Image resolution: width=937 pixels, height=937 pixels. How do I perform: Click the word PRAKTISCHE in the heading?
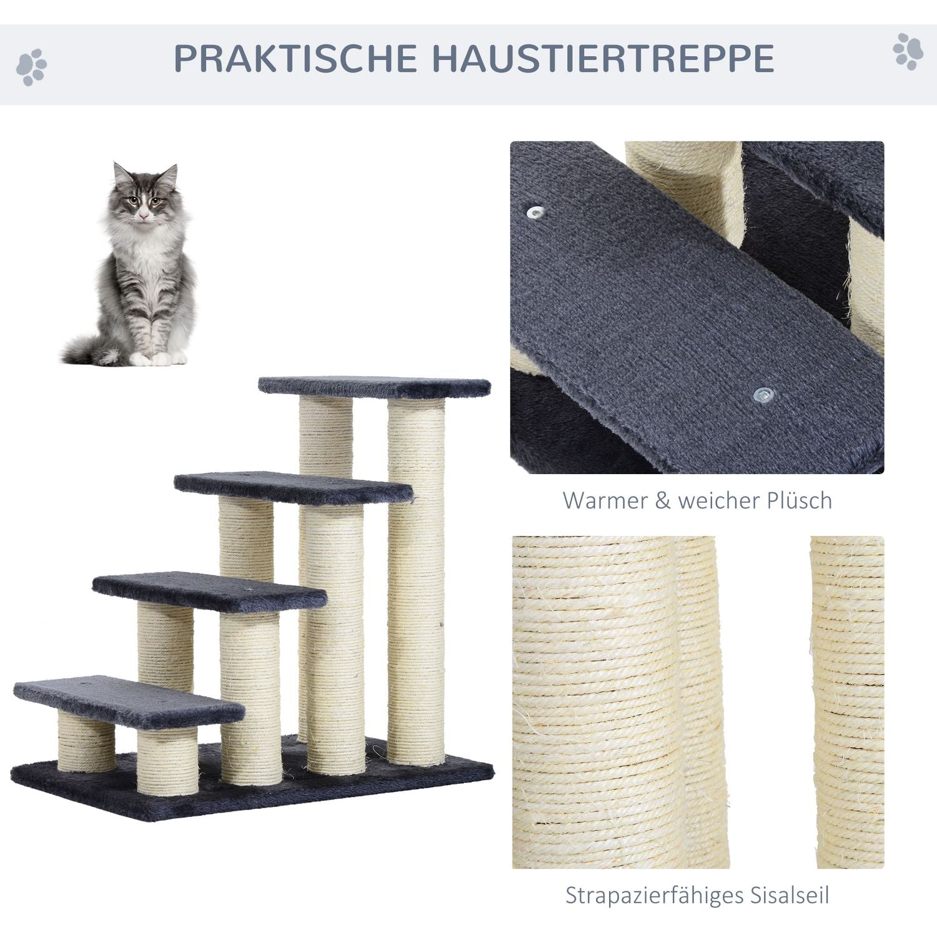[295, 59]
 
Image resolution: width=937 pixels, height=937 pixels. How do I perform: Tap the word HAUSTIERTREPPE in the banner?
[603, 59]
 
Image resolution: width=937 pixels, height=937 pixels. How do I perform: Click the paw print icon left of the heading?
[31, 67]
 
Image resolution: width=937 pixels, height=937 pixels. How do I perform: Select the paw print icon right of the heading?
[908, 51]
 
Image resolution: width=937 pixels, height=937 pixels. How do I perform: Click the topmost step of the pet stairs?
[375, 387]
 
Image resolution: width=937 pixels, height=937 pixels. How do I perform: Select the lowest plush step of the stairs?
[128, 702]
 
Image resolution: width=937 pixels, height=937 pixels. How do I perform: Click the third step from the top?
[209, 592]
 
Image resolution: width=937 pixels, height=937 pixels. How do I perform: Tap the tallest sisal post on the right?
[416, 581]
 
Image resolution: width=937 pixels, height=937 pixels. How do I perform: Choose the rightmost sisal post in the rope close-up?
[848, 702]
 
